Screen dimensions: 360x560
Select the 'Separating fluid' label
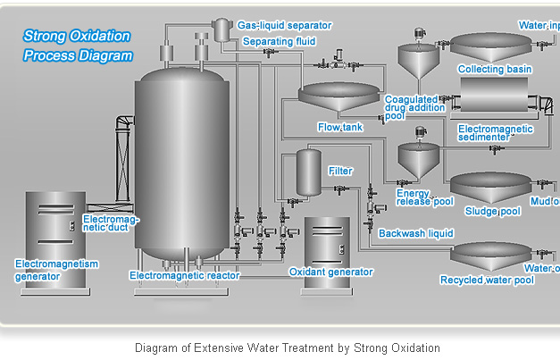tap(278, 41)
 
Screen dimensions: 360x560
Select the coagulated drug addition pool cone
tap(414, 63)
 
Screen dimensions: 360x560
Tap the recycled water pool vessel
tap(487, 258)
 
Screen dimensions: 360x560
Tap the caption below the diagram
tap(287, 347)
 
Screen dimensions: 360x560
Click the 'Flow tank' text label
tap(340, 128)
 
